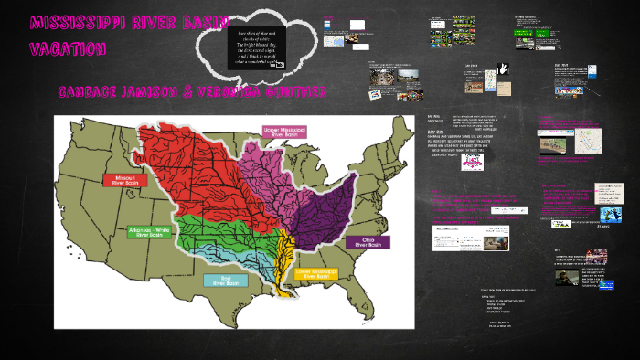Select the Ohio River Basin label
point(368,242)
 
